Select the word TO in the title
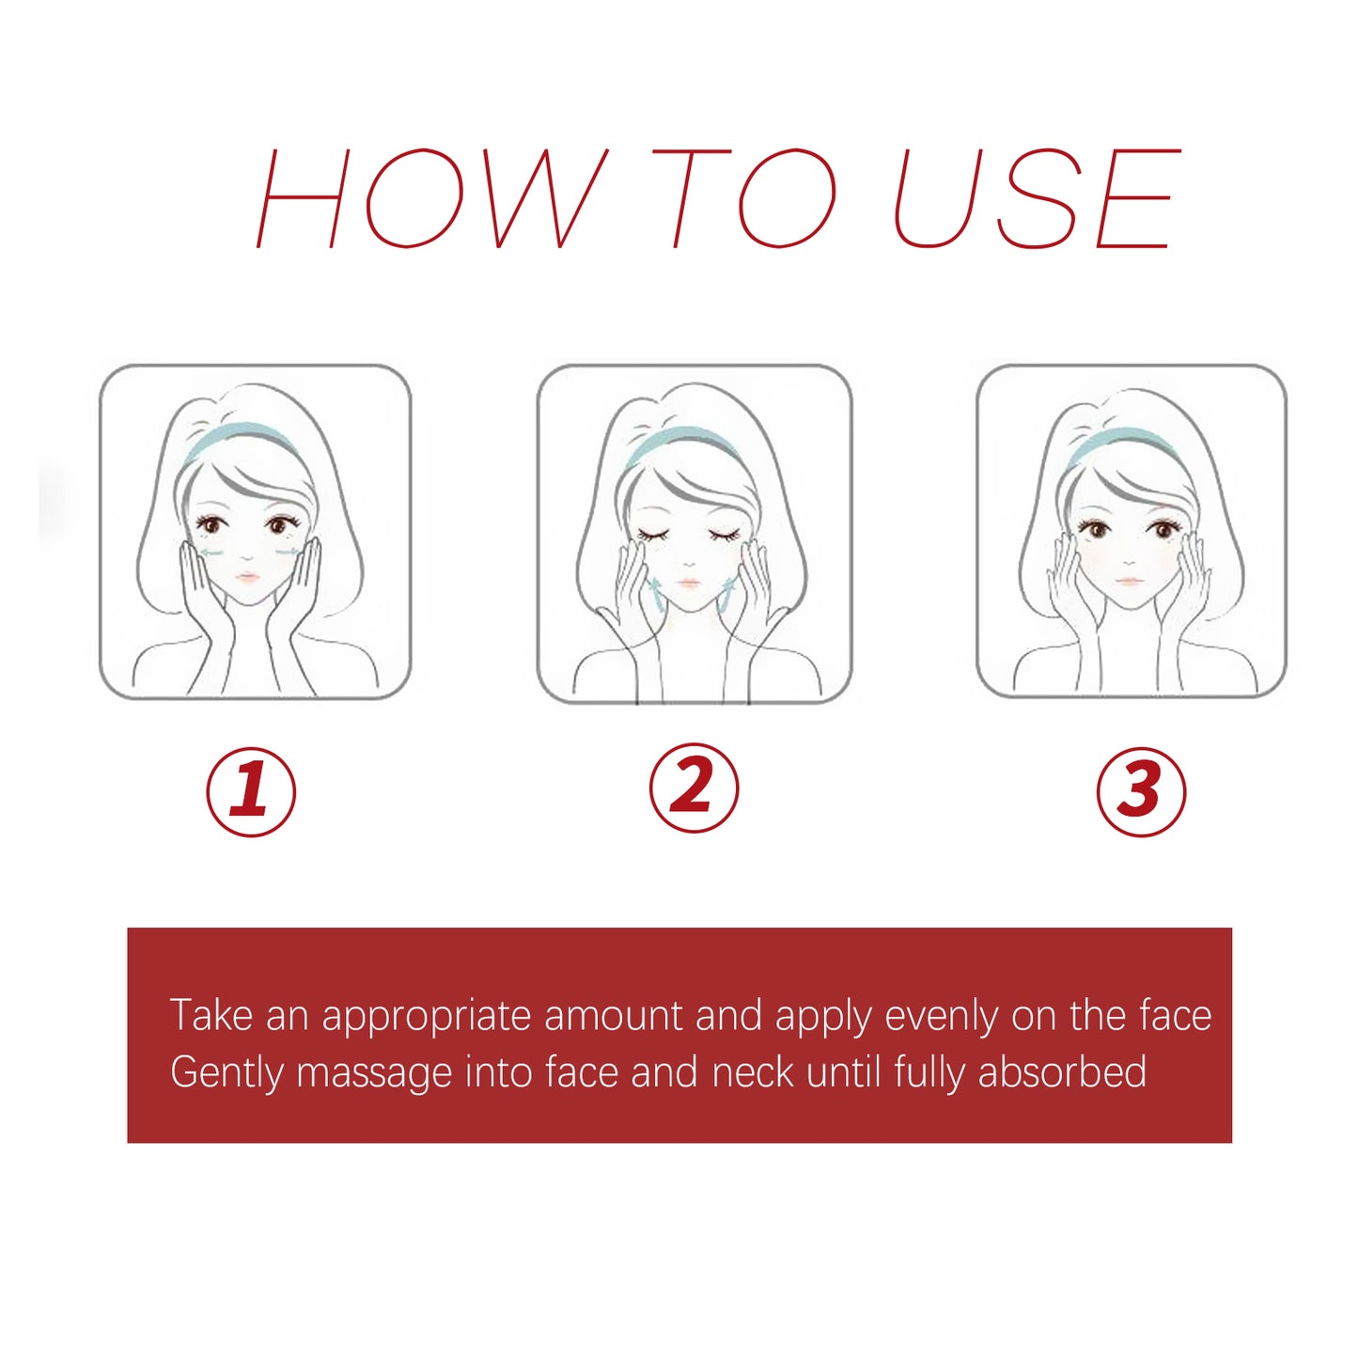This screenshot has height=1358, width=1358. coord(742,198)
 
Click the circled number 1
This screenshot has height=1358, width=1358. coord(251,791)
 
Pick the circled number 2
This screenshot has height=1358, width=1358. coord(694,788)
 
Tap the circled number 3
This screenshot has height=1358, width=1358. coord(1141,791)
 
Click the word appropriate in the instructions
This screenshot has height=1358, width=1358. coord(427,1017)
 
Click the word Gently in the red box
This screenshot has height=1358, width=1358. coord(226,1073)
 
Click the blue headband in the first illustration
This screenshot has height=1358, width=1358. coord(242,433)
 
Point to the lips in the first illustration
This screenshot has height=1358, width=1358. coord(247,577)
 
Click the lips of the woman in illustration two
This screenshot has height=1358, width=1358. coord(689,584)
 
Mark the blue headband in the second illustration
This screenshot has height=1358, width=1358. coord(681,437)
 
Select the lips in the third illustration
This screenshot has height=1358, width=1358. coord(1129,581)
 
